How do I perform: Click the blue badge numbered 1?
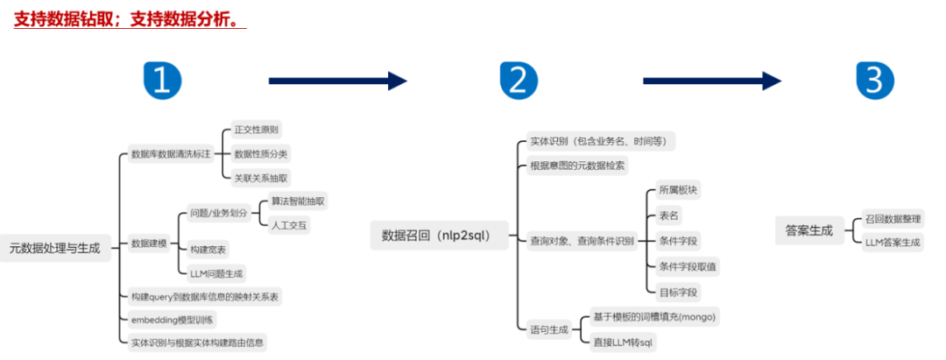pos(162,80)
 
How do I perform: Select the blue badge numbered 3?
pos(874,80)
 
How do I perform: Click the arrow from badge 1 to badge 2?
pos(337,81)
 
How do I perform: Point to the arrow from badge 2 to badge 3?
pos(711,81)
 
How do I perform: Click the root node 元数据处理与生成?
pos(54,248)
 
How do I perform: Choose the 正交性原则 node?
pos(256,131)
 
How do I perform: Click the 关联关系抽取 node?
pos(261,178)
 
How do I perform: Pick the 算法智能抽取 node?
pos(298,201)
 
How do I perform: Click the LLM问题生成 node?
pos(216,273)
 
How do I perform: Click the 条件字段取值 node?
pos(688,266)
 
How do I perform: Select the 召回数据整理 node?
pos(893,219)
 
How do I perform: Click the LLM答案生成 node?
pos(893,243)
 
